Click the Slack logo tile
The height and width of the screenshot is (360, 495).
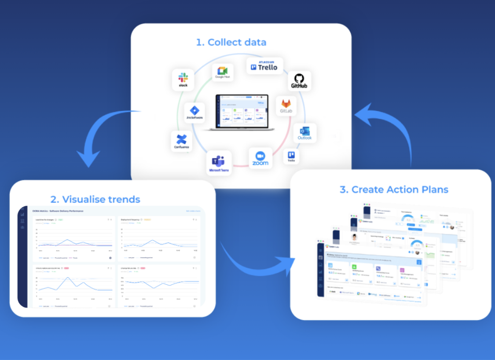(183, 80)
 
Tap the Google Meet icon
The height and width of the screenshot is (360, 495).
(223, 72)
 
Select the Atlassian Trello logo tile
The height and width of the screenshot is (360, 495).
(265, 66)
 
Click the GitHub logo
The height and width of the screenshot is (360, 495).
(299, 81)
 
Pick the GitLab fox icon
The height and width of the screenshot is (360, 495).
(286, 106)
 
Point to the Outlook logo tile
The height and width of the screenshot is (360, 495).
(305, 133)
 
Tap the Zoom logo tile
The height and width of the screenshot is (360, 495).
(260, 158)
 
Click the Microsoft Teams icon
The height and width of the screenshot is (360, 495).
(219, 163)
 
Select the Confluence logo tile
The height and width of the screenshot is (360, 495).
(181, 141)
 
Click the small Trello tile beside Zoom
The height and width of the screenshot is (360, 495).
(291, 156)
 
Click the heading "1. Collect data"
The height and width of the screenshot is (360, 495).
(231, 42)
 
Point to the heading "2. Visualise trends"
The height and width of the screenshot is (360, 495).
(95, 199)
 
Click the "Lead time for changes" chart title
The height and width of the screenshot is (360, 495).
(45, 219)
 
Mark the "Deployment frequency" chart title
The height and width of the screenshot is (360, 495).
(130, 219)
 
